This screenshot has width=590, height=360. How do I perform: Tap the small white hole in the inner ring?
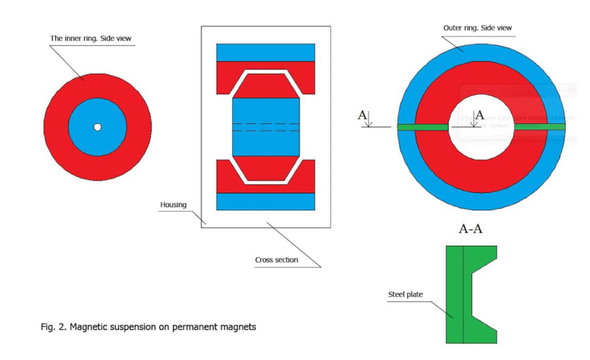97,127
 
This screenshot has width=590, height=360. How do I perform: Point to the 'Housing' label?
174,204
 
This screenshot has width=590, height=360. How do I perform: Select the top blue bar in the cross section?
265,52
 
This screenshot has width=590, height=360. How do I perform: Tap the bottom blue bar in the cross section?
265,201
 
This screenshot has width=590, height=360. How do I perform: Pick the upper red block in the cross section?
229,75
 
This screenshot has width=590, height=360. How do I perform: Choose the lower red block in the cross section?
229,177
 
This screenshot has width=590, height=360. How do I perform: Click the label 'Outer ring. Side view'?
477,28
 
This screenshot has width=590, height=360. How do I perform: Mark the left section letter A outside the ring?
361,115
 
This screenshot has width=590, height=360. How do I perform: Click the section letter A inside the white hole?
479,115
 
